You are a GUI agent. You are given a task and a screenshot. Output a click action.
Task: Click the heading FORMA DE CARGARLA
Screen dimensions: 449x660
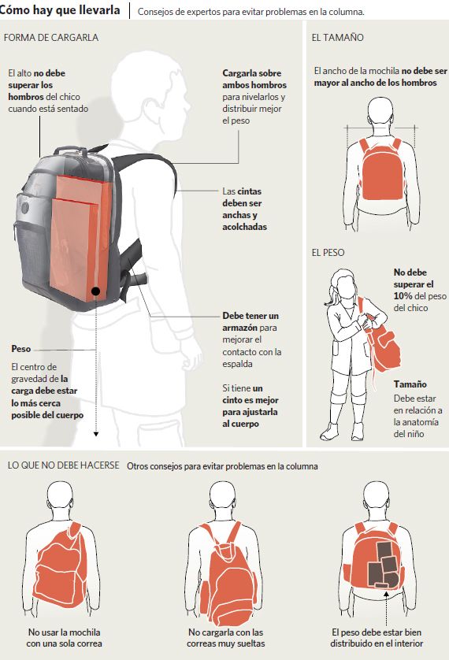click(51, 38)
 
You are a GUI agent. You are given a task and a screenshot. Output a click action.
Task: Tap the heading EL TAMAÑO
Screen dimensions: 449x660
click(337, 38)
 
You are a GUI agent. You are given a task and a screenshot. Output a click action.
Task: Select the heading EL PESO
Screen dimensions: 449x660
click(328, 253)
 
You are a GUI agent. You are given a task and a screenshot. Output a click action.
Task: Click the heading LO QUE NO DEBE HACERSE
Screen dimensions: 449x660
click(64, 465)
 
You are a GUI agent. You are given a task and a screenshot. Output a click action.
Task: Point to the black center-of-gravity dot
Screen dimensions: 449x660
click(96, 291)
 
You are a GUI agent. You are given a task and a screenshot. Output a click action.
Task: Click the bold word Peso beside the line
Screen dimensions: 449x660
click(21, 349)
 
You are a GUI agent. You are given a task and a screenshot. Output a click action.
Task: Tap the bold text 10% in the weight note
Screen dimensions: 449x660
click(403, 296)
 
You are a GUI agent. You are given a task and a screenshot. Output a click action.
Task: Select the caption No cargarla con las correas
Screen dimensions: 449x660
click(225, 638)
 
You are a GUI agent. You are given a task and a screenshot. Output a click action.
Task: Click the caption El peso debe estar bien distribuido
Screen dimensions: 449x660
click(377, 638)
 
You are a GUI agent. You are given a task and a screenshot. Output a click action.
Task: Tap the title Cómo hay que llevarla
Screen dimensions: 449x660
click(60, 10)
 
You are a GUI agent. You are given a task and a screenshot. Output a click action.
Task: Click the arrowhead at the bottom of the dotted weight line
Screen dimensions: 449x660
click(96, 434)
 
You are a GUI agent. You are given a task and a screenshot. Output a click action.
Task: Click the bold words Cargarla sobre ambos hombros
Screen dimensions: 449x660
click(254, 79)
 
